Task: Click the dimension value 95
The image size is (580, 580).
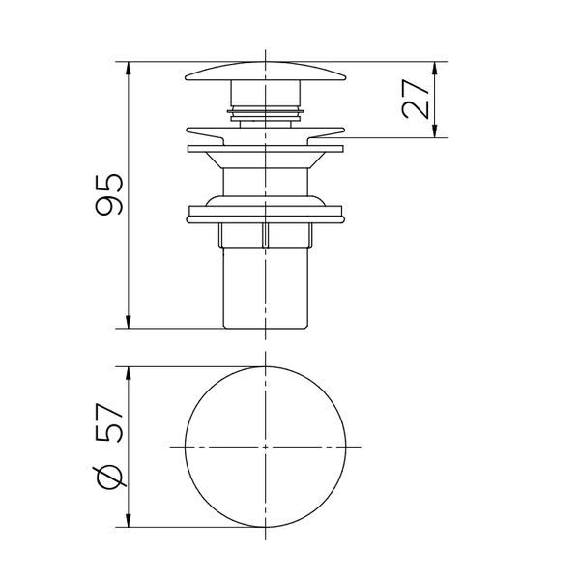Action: pyautogui.click(x=108, y=194)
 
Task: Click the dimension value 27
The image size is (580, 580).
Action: pyautogui.click(x=415, y=99)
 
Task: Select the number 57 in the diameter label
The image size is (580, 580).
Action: pyautogui.click(x=108, y=423)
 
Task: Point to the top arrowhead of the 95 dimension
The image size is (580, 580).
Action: pyautogui.click(x=129, y=70)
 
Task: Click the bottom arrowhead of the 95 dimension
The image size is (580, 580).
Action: pyautogui.click(x=129, y=320)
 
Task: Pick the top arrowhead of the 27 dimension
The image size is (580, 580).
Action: pyautogui.click(x=435, y=70)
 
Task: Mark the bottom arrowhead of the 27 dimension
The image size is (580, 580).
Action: pyautogui.click(x=435, y=130)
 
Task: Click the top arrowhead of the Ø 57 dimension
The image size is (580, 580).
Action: pyautogui.click(x=129, y=374)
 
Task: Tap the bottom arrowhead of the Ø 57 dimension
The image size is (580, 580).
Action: pyautogui.click(x=129, y=519)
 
